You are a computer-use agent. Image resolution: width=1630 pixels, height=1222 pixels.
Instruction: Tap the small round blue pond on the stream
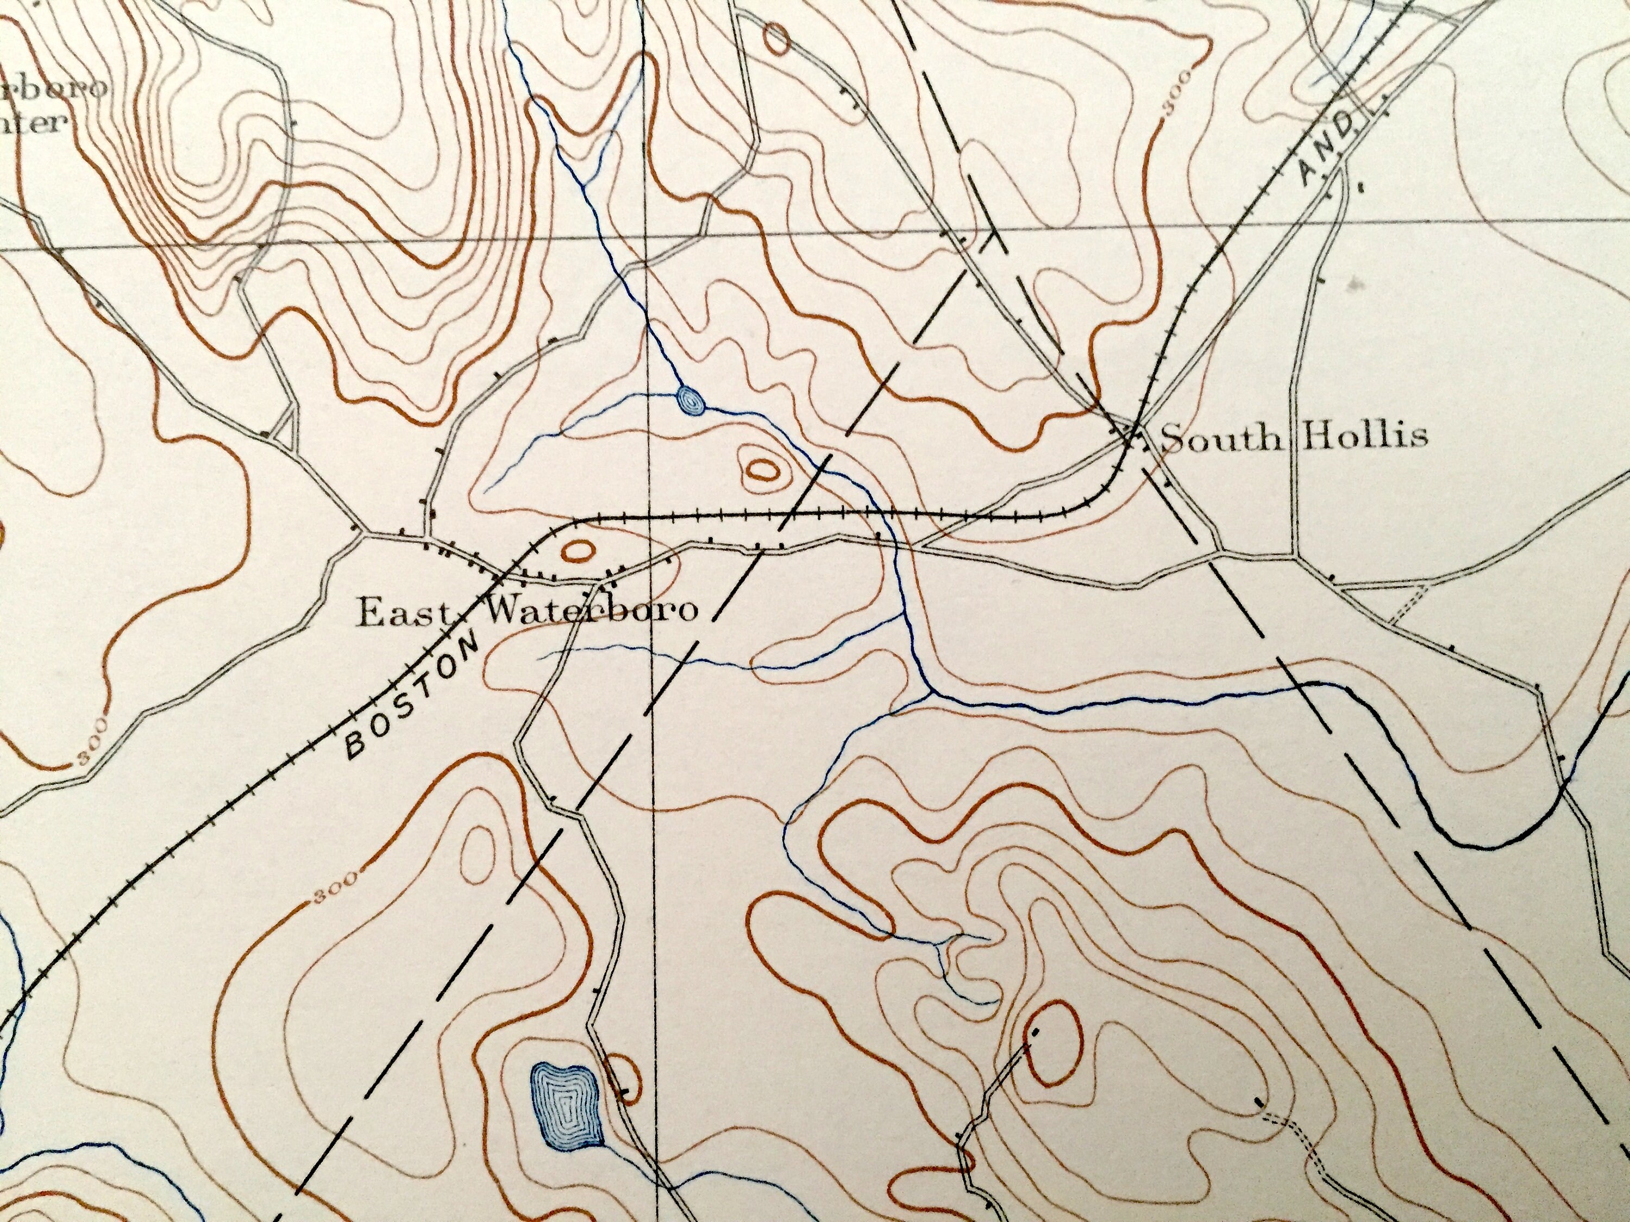pos(691,401)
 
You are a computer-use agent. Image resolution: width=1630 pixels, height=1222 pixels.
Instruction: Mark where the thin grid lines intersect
pos(645,238)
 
